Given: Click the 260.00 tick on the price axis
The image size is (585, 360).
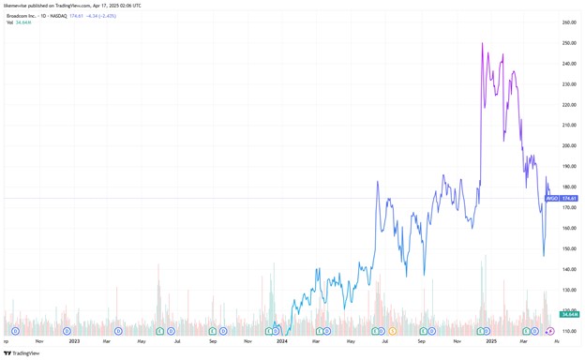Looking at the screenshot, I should (568, 22).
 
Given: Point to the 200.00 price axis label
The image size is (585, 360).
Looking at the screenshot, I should (568, 146).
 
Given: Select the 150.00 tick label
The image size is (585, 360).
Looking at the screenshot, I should (568, 248).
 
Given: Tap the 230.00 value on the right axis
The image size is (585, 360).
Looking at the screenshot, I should (568, 84).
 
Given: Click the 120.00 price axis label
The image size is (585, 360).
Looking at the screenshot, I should (568, 310).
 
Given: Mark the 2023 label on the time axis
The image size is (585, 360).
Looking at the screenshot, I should (72, 341).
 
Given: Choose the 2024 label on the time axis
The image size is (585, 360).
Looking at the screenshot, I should (281, 341).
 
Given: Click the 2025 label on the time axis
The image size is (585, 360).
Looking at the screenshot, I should (490, 341).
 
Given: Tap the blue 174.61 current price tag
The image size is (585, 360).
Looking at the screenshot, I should (569, 198).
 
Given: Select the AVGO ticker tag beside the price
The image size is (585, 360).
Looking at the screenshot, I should (552, 198).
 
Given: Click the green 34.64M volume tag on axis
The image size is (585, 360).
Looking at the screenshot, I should (569, 314).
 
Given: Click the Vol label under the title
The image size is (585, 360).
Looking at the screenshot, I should (10, 23).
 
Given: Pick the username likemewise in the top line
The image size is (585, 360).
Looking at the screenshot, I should (17, 6).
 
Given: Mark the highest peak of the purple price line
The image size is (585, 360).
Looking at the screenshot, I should (482, 43).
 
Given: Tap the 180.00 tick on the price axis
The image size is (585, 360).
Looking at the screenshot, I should (568, 187).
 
